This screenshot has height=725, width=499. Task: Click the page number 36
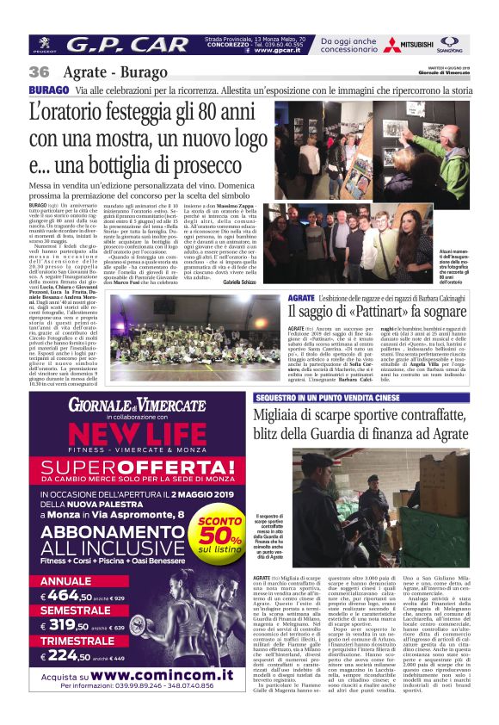coord(39,72)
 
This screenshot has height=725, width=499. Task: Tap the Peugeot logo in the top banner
coord(44,45)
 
